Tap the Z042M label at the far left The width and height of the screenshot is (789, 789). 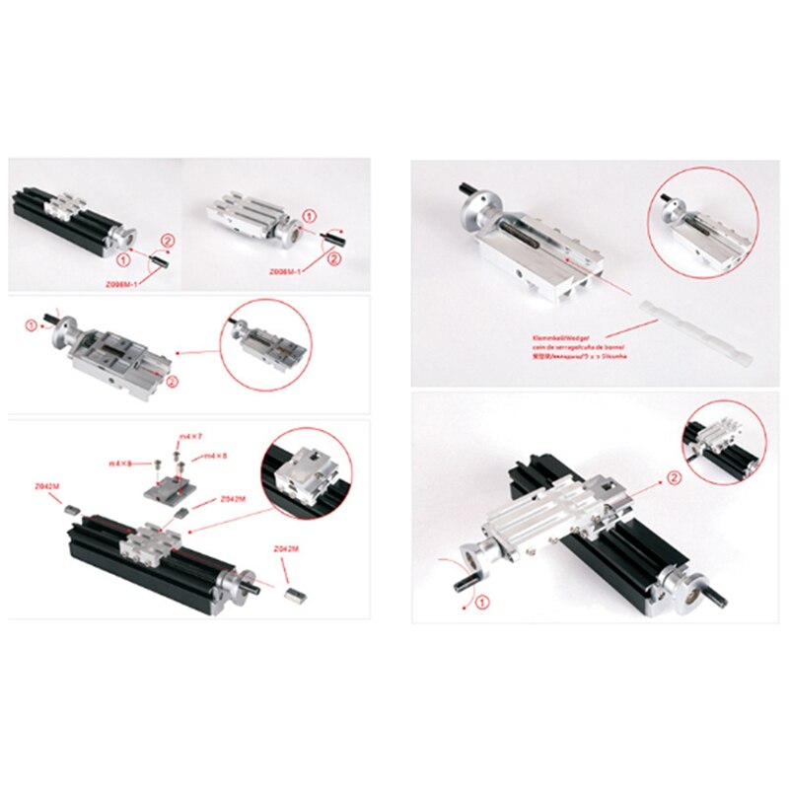[44, 486]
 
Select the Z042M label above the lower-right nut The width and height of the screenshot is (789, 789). [281, 547]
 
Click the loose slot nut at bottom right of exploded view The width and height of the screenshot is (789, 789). [294, 594]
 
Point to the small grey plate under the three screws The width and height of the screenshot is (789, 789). [162, 489]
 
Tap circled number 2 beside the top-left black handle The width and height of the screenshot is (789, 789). [167, 240]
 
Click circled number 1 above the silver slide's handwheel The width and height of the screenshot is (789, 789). [309, 215]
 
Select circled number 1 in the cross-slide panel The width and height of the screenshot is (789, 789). [482, 601]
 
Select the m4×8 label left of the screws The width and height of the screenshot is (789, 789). [121, 462]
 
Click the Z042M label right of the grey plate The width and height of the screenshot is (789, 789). [233, 500]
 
